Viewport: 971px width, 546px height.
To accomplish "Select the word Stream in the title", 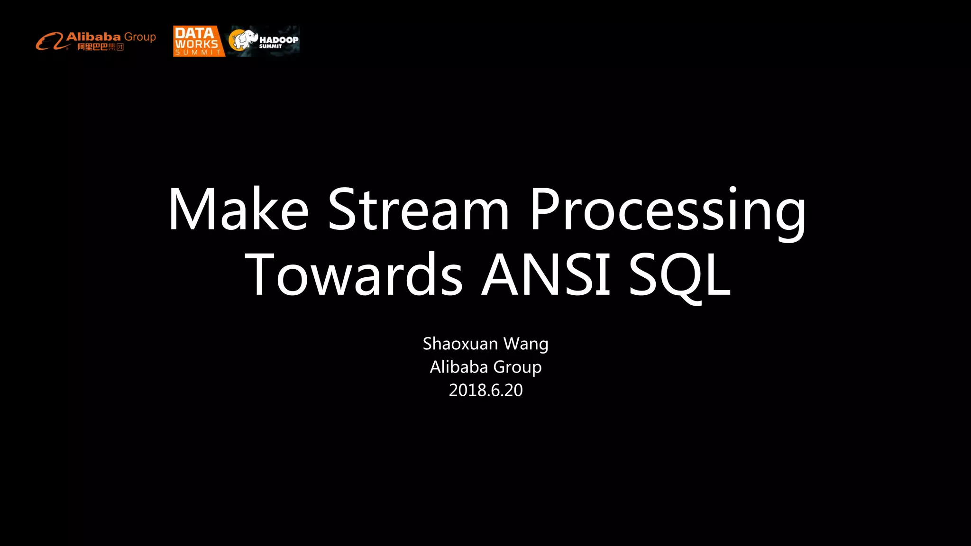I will pos(418,209).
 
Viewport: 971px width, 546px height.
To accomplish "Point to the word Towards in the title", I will pos(353,275).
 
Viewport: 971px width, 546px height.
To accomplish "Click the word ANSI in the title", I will pos(546,275).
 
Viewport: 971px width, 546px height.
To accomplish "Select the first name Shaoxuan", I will pos(460,344).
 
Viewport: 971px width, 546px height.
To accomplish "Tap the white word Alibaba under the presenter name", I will pos(458,367).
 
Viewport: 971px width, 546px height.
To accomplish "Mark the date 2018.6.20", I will pos(485,390).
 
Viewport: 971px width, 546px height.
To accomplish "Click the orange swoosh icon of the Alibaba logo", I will pos(50,41).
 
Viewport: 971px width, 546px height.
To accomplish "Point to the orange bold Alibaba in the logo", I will pos(93,36).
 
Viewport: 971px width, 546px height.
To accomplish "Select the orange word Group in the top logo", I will pos(140,37).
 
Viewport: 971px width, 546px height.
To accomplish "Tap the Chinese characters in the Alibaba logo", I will pos(101,47).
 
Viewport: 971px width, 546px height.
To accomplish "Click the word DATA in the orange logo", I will pos(194,33).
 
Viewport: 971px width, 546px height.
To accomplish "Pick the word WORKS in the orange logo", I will pos(196,44).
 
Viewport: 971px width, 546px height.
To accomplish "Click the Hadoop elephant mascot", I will pos(243,40).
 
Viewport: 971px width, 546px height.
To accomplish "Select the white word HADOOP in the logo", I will pos(279,40).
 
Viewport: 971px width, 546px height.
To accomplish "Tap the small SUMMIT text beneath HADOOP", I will pos(270,46).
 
